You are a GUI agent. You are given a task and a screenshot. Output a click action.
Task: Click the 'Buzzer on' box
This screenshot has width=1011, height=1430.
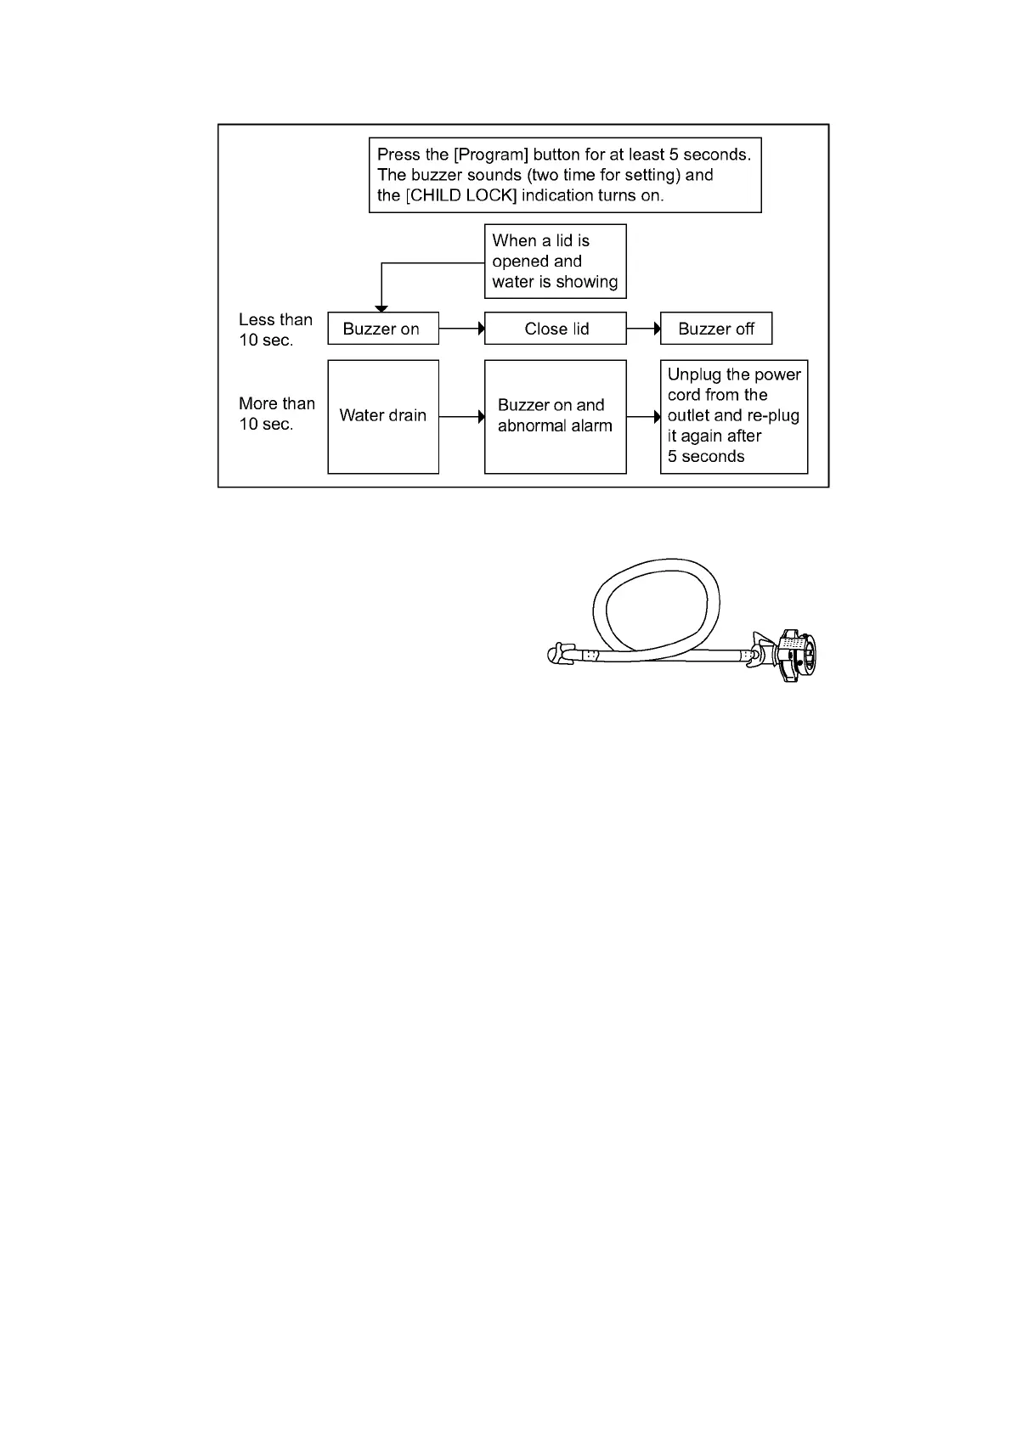point(382,329)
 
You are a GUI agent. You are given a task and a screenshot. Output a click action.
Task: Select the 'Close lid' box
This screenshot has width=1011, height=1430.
point(555,329)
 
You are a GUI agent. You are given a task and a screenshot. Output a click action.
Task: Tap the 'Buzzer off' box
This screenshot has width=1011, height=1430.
point(715,329)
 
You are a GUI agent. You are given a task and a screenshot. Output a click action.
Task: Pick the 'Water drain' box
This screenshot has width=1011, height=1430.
point(382,416)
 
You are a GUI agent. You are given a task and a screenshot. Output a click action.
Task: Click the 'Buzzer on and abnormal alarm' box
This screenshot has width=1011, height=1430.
point(555,416)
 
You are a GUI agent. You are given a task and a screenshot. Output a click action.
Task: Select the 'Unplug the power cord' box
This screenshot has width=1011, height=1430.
point(733,416)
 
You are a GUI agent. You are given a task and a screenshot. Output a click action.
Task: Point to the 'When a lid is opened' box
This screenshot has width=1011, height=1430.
point(555,262)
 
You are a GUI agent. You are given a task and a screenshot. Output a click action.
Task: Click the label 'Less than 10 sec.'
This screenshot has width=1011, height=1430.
point(275,329)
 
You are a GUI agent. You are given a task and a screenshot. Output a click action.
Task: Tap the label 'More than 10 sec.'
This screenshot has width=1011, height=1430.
point(276,414)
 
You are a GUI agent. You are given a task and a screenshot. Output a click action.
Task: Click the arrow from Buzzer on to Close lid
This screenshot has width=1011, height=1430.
point(461,329)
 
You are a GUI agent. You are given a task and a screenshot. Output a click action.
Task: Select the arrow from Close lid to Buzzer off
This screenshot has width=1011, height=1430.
point(643,329)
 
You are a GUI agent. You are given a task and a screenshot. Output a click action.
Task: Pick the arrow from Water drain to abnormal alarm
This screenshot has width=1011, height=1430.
point(461,417)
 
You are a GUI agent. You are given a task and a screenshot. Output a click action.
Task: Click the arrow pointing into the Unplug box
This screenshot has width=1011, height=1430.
point(643,417)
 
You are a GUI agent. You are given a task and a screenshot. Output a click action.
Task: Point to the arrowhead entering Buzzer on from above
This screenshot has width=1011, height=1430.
point(381,307)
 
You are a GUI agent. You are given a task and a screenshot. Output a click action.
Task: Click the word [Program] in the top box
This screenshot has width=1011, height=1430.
point(491,155)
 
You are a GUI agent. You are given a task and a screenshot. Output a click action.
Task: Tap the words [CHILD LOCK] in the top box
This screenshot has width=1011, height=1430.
point(460,195)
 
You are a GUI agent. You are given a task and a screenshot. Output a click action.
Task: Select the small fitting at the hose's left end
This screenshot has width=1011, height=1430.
point(561,654)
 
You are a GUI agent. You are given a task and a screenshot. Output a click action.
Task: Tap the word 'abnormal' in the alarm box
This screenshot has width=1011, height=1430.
point(533,426)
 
